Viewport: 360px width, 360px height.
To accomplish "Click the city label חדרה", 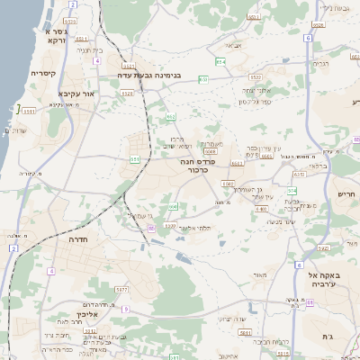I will (82, 240).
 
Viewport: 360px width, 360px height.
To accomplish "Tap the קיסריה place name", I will (44, 74).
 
